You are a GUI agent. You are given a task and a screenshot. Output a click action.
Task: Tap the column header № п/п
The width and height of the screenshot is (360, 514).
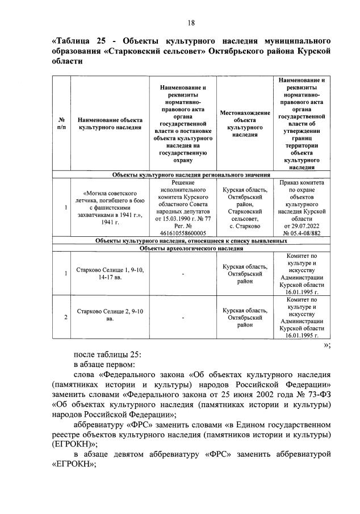tap(61, 124)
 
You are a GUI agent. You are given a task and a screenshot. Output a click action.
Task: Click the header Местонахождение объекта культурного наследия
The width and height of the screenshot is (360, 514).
tap(245, 124)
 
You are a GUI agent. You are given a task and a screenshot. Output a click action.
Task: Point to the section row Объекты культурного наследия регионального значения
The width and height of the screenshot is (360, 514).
tap(191, 175)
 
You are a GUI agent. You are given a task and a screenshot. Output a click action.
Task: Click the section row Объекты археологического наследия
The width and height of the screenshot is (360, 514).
tap(191, 248)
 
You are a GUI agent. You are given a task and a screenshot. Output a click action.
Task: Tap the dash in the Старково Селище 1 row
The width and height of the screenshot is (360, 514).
tap(183, 274)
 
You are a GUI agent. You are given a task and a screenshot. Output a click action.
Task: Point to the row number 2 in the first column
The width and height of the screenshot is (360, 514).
tap(66, 317)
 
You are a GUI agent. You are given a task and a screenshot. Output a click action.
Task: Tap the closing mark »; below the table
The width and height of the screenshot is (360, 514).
tap(326, 344)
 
